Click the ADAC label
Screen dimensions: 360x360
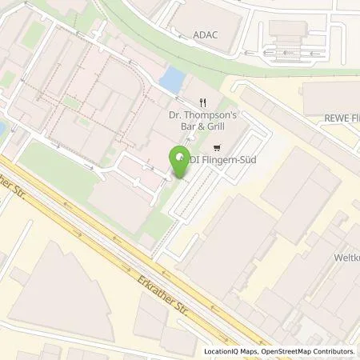pyautogui.click(x=206, y=35)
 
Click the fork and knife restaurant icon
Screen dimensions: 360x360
pyautogui.click(x=204, y=102)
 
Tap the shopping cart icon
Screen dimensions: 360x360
pyautogui.click(x=217, y=148)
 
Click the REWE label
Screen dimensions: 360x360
pyautogui.click(x=338, y=118)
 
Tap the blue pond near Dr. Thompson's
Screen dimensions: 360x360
pyautogui.click(x=170, y=80)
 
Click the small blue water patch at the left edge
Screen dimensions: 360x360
pyautogui.click(x=2, y=128)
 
